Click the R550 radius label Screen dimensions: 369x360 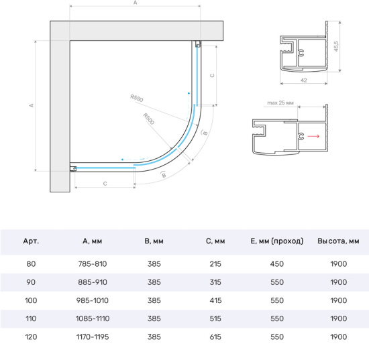click(137, 98)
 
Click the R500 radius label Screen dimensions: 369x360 click(149, 119)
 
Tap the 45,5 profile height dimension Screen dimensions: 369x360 click(336, 46)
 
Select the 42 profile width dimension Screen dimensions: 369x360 click(303, 80)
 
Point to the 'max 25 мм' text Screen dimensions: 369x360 click(280, 103)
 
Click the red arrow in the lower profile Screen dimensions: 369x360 click(313, 136)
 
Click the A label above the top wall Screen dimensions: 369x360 click(135, 3)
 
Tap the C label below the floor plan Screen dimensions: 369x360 click(105, 184)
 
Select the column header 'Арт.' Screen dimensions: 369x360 click(31, 241)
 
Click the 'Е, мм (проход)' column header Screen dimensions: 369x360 click(276, 241)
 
